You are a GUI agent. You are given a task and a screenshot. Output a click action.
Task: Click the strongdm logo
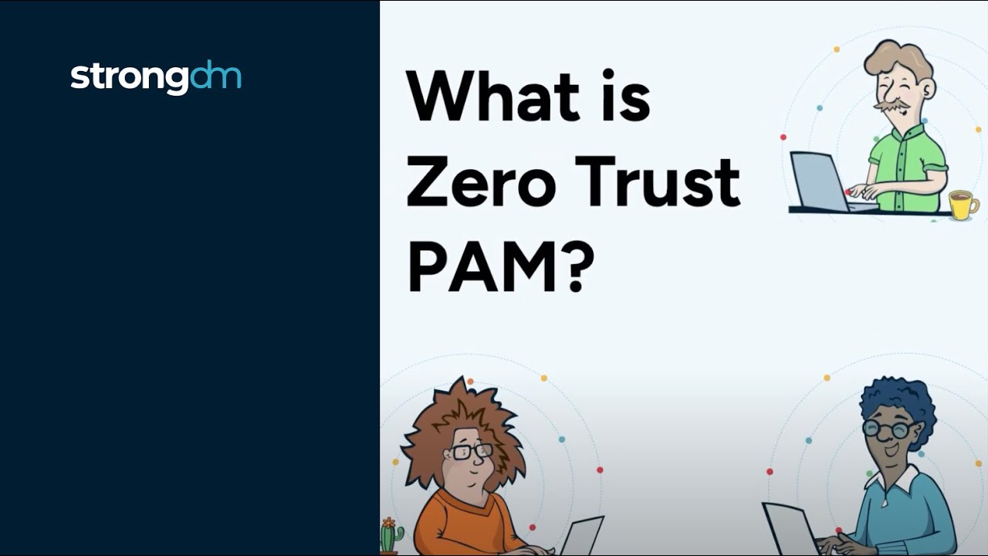click(155, 77)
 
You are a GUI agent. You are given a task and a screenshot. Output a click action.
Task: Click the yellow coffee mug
click(963, 204)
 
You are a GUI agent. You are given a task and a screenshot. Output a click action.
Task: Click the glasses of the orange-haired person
click(472, 451)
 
